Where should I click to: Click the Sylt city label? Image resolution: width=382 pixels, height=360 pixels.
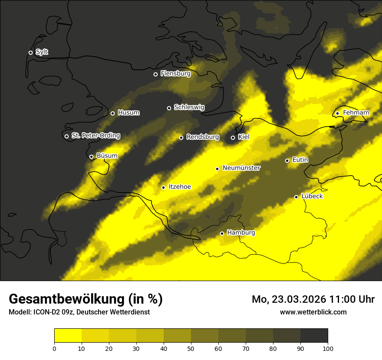click(42, 52)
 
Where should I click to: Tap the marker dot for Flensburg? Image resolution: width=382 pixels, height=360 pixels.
click(155, 74)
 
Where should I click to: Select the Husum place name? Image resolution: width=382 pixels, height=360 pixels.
click(128, 113)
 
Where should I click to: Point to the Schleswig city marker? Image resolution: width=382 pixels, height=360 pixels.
click(169, 108)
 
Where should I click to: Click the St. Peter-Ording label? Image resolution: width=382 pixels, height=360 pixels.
click(95, 136)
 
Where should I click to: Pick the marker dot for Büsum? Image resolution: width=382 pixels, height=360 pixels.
click(91, 157)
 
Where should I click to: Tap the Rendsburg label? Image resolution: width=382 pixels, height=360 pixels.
click(203, 137)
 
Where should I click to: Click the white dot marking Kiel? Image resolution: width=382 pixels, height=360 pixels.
click(233, 137)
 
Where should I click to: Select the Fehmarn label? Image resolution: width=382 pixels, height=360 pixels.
click(356, 113)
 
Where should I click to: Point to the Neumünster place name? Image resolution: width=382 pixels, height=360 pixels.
click(241, 168)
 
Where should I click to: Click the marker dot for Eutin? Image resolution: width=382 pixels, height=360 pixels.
click(287, 160)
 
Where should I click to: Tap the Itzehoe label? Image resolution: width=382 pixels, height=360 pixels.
click(180, 187)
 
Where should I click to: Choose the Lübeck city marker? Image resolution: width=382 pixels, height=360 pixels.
click(296, 197)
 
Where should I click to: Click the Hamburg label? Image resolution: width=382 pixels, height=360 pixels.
click(241, 233)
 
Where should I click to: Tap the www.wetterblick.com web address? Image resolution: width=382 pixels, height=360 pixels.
click(313, 312)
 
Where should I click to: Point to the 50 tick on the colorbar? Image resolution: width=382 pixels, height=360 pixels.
click(191, 348)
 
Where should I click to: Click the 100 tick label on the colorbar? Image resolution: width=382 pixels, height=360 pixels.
click(328, 348)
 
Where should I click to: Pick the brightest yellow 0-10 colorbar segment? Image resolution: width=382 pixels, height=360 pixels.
click(68, 335)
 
